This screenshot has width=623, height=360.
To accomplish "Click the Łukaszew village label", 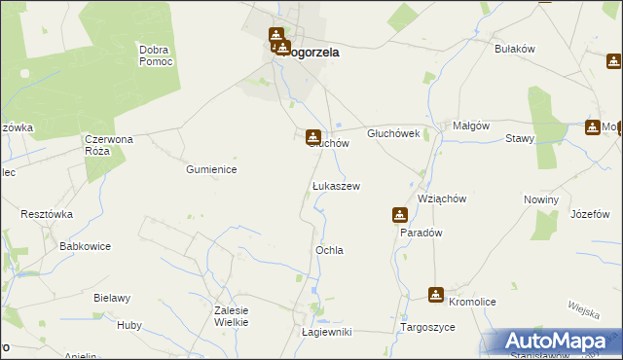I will point(336,185).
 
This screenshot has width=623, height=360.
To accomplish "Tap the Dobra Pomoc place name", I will point(156,55).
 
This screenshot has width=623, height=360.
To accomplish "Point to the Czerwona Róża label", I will point(107,145).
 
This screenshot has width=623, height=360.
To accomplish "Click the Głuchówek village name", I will point(392,133).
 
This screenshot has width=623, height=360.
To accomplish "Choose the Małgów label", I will point(470,126).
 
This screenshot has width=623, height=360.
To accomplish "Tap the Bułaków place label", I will point(516,48).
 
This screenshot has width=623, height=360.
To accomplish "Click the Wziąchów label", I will point(442,198).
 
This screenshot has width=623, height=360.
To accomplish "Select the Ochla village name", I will point(329,250).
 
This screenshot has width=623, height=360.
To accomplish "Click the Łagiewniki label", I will point(326,333).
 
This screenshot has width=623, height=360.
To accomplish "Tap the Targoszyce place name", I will point(427,328).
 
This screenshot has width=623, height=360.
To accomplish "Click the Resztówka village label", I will point(48,212).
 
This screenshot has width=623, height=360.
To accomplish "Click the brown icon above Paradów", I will point(400,215).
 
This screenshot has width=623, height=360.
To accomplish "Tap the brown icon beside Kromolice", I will point(436,294).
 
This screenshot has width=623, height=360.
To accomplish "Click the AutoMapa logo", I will point(559,342).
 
